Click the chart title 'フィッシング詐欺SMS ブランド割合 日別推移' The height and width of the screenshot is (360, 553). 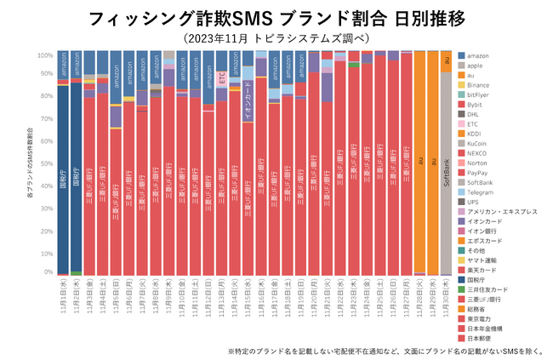276,18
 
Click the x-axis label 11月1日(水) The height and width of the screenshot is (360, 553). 63,300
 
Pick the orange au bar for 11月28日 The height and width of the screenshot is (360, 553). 419,162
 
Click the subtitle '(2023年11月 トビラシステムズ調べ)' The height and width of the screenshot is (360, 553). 276,37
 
